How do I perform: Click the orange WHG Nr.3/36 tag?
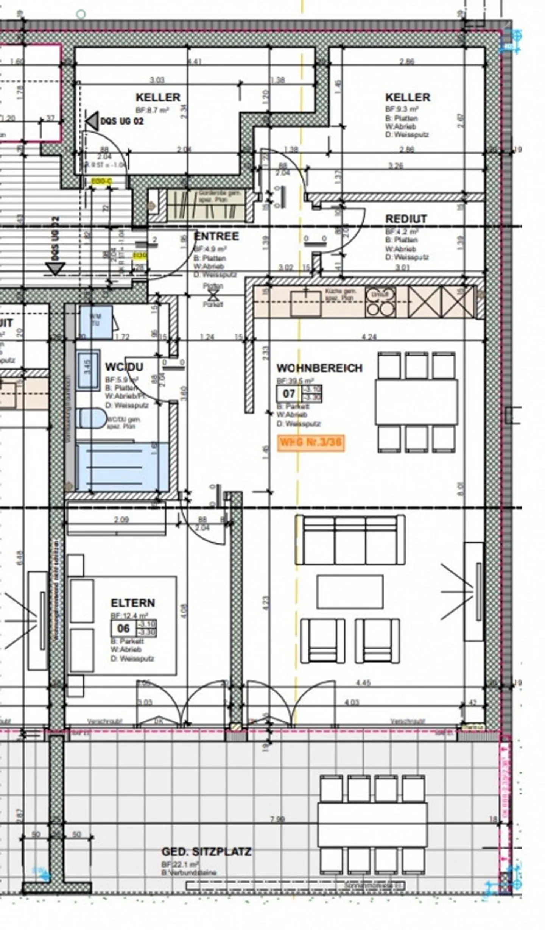pos(311,442)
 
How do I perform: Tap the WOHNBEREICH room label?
pos(319,368)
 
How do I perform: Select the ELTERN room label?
pos(132,603)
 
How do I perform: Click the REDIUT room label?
pos(406,219)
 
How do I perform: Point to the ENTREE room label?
pos(216,236)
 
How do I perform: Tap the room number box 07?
pos(289,393)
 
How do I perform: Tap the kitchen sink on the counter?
pos(305,302)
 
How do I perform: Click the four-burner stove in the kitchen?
pos(380,302)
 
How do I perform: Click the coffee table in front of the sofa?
pos(350,591)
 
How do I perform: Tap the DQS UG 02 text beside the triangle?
pos(122,122)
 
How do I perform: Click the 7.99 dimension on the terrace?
pos(277,819)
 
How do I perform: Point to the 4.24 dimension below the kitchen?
pos(369,337)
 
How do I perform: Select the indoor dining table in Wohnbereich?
pos(416,402)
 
